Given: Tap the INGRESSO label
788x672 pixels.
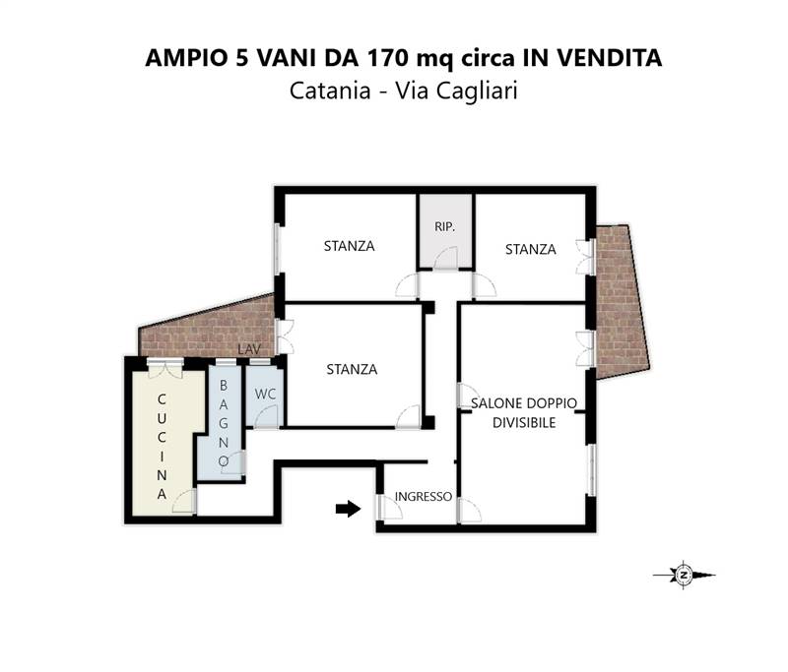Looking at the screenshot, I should (x=423, y=497).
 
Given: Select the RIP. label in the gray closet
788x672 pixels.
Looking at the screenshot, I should (x=444, y=227).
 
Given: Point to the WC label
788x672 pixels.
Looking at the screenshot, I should (x=264, y=394).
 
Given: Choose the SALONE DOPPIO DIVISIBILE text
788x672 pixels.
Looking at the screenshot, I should (x=523, y=412).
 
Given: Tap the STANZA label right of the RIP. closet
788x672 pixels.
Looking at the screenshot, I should (x=530, y=249).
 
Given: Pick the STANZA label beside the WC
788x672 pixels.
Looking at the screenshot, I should (x=352, y=370).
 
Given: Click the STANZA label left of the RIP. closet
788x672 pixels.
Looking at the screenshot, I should (x=349, y=246).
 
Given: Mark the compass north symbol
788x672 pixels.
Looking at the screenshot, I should (x=682, y=575).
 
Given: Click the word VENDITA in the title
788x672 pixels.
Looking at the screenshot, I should (x=605, y=58).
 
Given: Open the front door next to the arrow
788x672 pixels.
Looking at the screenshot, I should (x=382, y=506).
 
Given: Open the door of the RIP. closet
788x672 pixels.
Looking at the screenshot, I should (x=446, y=258).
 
